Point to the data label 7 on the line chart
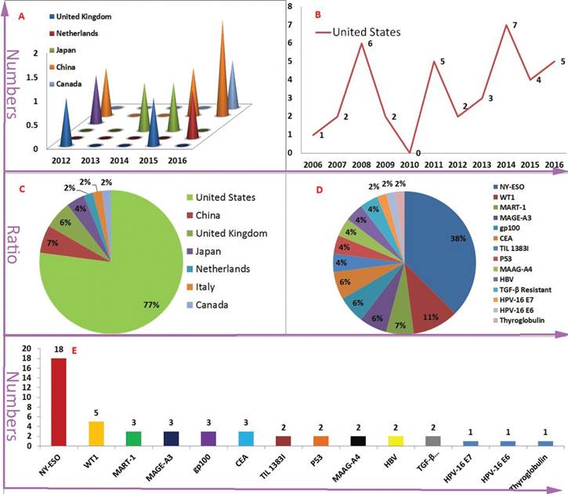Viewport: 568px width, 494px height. click(x=515, y=25)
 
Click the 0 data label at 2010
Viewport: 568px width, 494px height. click(x=414, y=143)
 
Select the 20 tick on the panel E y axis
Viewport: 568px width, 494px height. click(x=26, y=348)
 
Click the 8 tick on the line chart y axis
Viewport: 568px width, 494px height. click(x=292, y=6)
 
